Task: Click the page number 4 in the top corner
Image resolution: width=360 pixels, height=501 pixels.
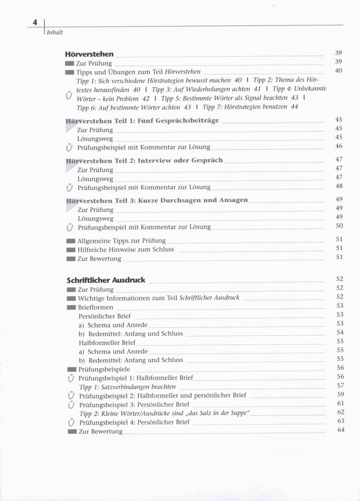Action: [35, 22]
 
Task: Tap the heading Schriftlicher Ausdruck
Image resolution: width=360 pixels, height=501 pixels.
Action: [106, 280]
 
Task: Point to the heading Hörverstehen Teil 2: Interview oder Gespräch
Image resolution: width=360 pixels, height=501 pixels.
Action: [144, 160]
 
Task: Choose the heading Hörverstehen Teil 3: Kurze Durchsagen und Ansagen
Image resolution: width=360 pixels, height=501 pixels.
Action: [157, 200]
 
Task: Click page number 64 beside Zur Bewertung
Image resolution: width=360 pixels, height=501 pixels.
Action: [339, 430]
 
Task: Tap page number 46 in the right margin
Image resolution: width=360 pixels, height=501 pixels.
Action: [339, 146]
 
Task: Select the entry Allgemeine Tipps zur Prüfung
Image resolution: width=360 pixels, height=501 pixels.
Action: [121, 240]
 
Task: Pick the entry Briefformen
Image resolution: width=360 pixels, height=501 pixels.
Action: [95, 307]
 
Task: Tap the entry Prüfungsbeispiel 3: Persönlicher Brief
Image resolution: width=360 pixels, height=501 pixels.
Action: [134, 404]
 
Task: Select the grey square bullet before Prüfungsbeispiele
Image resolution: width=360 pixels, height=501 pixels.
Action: [71, 369]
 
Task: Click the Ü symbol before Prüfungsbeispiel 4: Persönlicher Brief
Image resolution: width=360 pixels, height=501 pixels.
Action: [71, 423]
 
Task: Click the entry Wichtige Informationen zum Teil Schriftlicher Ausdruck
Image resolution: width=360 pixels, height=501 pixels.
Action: [158, 298]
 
